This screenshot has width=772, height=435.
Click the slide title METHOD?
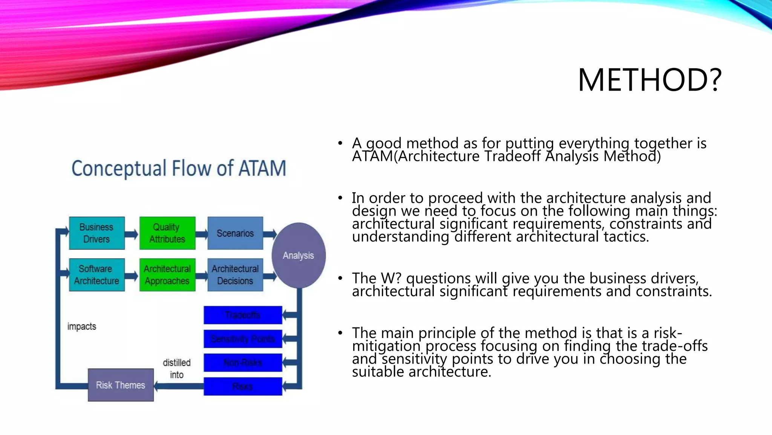coord(649,80)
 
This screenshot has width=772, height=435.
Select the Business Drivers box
coord(97,233)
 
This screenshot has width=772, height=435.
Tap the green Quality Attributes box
coord(167,233)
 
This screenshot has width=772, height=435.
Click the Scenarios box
coord(235,233)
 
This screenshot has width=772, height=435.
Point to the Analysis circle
coord(299,255)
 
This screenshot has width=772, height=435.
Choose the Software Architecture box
coord(97,275)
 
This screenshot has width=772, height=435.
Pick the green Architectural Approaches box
coord(167,275)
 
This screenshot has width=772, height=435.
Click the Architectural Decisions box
coord(235,275)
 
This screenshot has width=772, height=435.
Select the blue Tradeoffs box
coord(243,315)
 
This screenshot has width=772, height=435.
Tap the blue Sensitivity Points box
coord(243,339)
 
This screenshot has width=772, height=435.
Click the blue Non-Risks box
coord(243,362)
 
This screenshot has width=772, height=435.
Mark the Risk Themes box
coord(121,385)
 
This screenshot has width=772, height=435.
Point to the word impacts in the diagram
coord(82,326)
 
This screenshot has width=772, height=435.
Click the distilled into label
coord(176,369)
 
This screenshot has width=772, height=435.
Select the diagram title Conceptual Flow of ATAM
coord(179,168)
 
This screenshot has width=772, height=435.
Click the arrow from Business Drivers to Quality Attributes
coord(132,234)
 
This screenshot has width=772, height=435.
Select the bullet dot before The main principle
coord(340,333)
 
